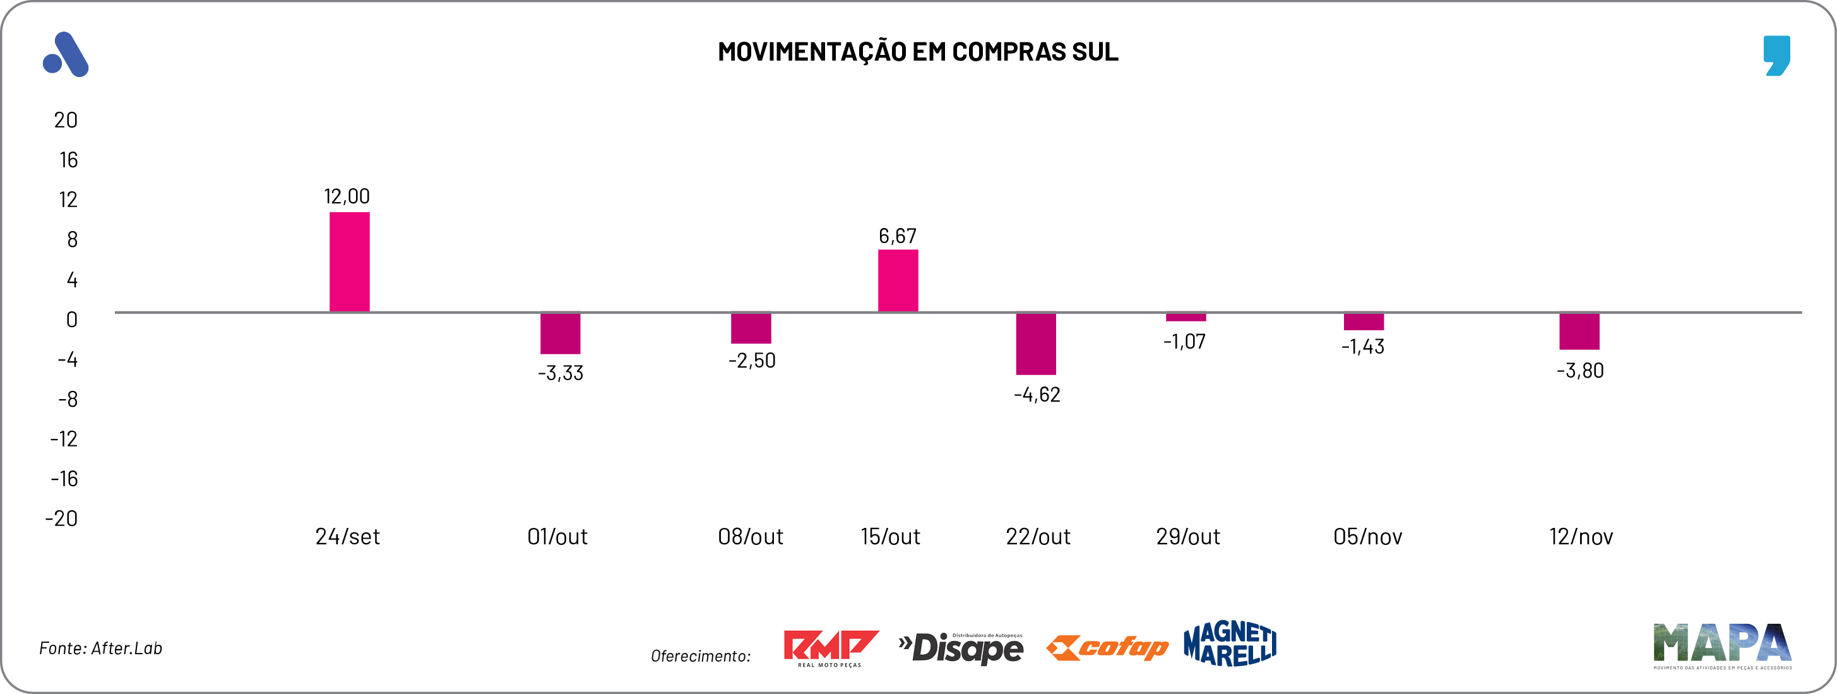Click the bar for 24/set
pyautogui.click(x=350, y=262)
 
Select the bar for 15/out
pyautogui.click(x=898, y=280)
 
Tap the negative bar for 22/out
pyautogui.click(x=1035, y=343)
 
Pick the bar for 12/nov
pyautogui.click(x=1579, y=331)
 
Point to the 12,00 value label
pyautogui.click(x=347, y=196)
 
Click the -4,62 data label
pyautogui.click(x=1037, y=395)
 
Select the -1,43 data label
pyautogui.click(x=1363, y=347)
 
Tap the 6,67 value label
pyautogui.click(x=897, y=236)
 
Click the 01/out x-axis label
pyautogui.click(x=557, y=536)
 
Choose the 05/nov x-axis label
pyautogui.click(x=1367, y=536)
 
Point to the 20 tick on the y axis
pyautogui.click(x=66, y=120)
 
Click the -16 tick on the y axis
pyautogui.click(x=64, y=479)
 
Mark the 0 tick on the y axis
pyautogui.click(x=71, y=320)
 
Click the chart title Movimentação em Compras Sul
pyautogui.click(x=918, y=51)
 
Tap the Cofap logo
pyautogui.click(x=1107, y=647)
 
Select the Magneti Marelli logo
pyautogui.click(x=1230, y=643)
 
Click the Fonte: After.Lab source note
pyautogui.click(x=100, y=648)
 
